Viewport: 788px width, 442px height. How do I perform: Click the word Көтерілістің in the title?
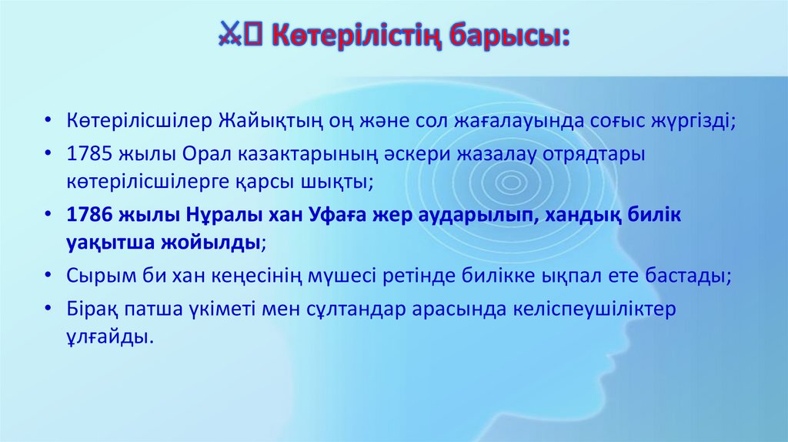355,36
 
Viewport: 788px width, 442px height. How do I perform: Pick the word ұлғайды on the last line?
105,336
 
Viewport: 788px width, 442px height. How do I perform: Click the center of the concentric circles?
511,182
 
